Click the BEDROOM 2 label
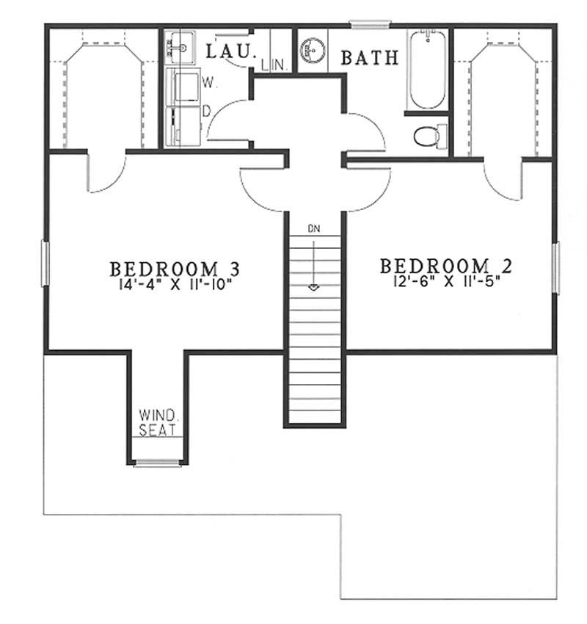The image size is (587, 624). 434,264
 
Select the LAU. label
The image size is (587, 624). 230,52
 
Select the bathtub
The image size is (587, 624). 426,69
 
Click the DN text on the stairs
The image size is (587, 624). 314,229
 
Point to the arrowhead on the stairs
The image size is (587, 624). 314,287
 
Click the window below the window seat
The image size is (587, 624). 157,462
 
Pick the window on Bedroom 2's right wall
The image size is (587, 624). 555,267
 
